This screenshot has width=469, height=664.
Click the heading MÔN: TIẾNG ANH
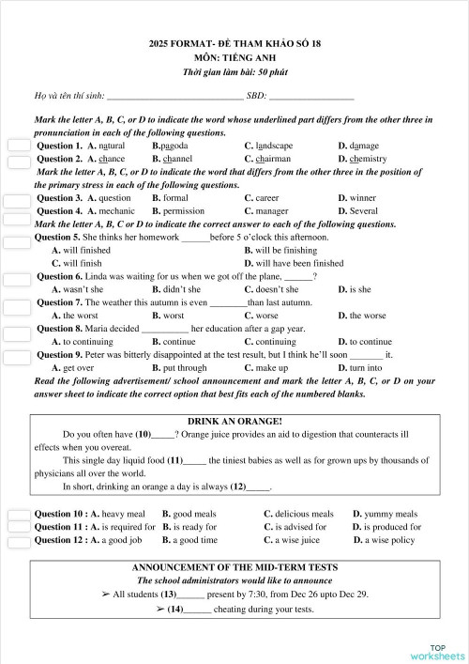pos(234,58)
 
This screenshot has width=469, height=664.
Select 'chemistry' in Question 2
pos(367,160)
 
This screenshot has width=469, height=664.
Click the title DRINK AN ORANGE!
pos(234,422)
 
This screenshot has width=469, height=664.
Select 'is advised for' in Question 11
pos(295,528)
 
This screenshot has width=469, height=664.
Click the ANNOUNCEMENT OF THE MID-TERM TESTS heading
pos(234,568)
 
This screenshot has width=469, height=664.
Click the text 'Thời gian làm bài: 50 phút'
pos(234,72)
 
